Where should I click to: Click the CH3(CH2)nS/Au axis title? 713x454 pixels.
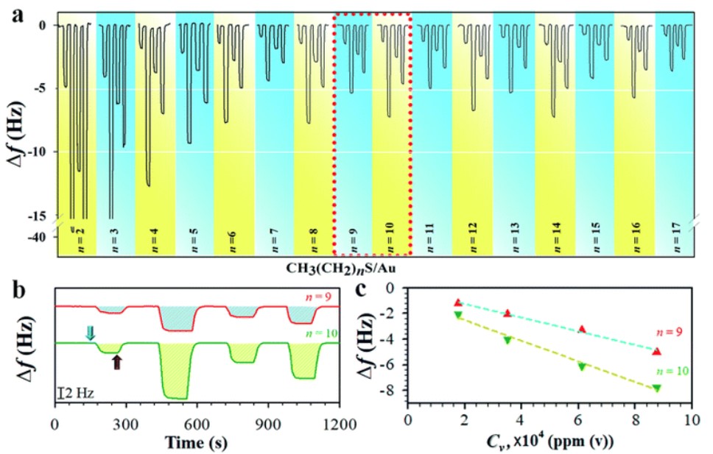point(348,267)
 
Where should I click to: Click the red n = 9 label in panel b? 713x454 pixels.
point(319,298)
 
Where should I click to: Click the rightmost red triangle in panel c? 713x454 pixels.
point(656,352)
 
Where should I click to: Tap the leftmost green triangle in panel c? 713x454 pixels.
point(458,315)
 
